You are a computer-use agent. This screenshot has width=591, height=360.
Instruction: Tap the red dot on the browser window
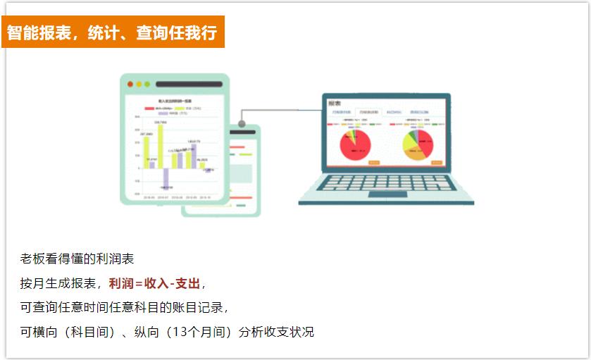click(x=130, y=85)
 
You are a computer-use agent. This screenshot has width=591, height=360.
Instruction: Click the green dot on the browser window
click(x=147, y=85)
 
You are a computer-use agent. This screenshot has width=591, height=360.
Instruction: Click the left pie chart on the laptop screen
click(x=356, y=143)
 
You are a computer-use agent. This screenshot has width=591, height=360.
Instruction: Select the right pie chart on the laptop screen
click(x=417, y=144)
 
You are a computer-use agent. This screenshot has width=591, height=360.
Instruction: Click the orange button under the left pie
click(x=375, y=163)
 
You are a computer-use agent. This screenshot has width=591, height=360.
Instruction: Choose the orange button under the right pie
click(x=437, y=163)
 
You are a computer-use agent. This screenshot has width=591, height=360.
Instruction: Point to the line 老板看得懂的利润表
click(x=77, y=259)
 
